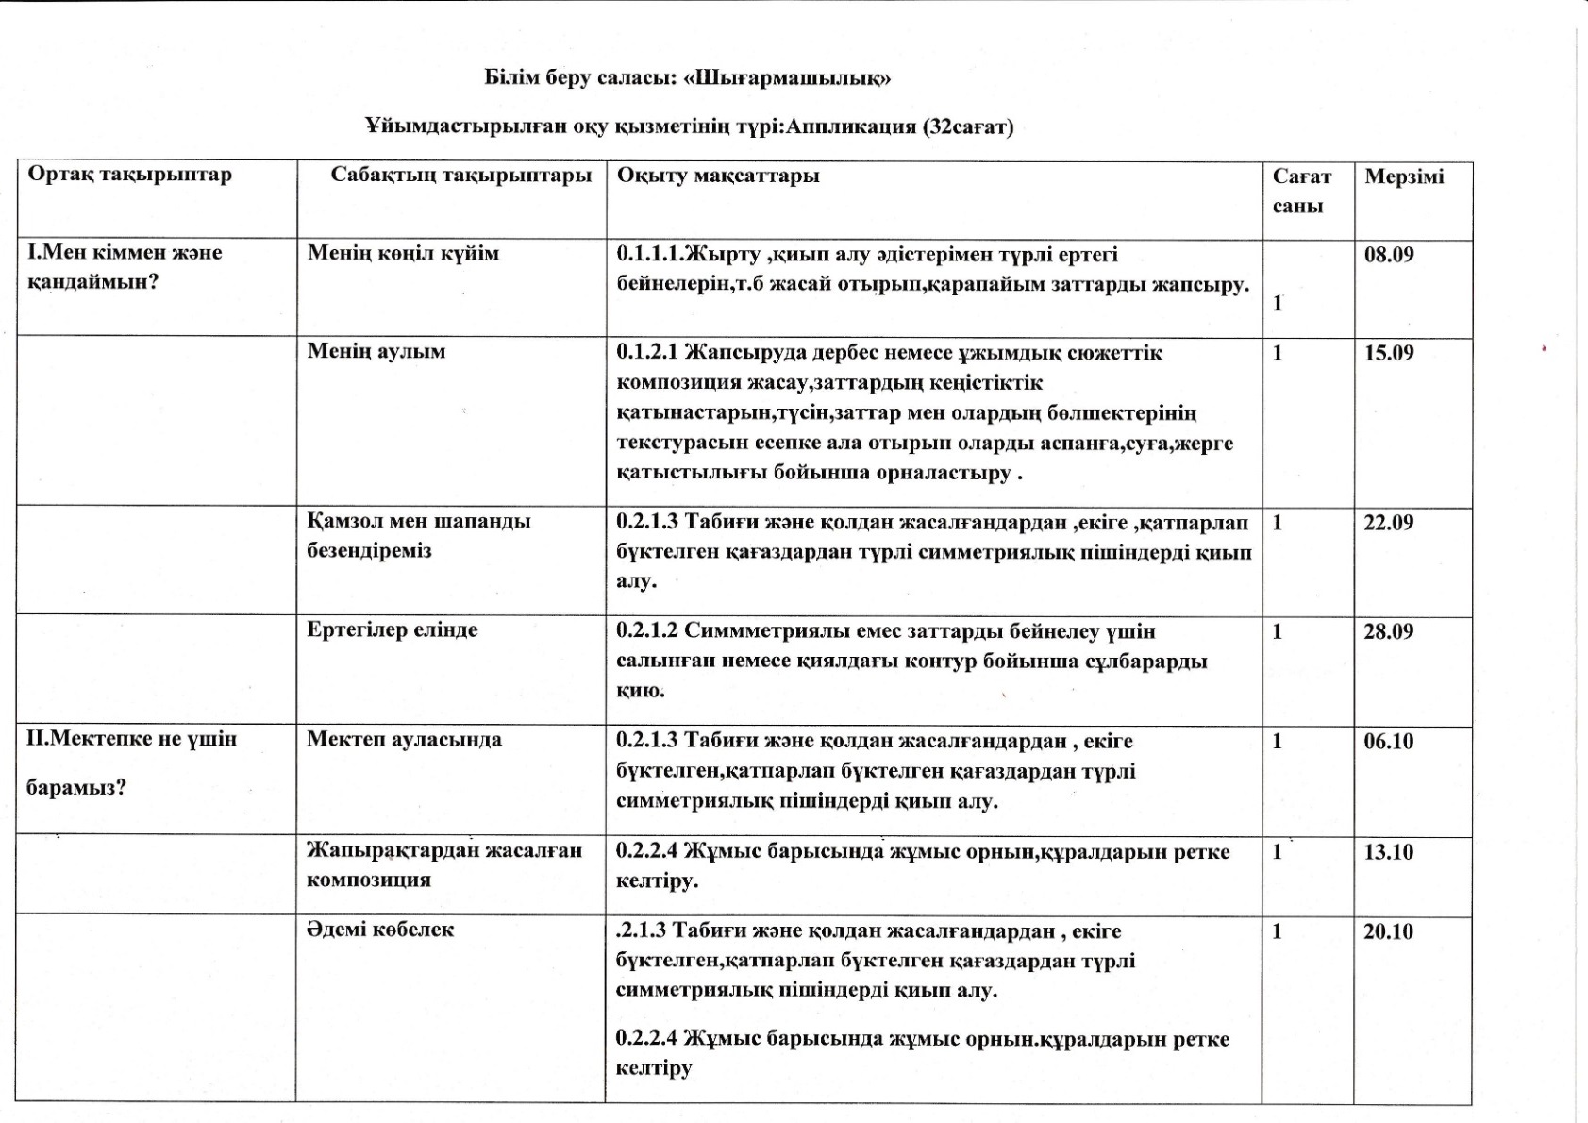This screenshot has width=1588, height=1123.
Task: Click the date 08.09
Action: tap(1389, 254)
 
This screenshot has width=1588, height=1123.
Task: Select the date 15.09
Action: tap(1389, 353)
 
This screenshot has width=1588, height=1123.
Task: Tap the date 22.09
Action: tap(1388, 522)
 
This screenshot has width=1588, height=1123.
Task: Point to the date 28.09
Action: tap(1388, 631)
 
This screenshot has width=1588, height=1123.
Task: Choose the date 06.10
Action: tap(1388, 741)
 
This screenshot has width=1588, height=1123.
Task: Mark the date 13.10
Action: tap(1388, 852)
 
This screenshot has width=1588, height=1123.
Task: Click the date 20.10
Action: tap(1388, 931)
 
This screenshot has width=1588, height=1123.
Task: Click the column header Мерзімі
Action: tap(1404, 176)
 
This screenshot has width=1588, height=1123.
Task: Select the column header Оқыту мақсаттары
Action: tap(718, 176)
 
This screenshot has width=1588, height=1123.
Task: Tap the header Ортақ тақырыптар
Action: tap(129, 175)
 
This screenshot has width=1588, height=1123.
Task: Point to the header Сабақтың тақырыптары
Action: tap(460, 175)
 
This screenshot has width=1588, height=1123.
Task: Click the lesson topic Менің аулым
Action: tap(376, 351)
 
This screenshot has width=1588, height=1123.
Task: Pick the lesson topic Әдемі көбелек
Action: tap(380, 930)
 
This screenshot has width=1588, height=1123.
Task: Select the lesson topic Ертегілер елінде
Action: tap(393, 629)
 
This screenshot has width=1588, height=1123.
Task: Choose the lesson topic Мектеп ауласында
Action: tap(404, 739)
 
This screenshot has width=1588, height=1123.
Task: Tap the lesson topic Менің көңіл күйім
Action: tap(404, 253)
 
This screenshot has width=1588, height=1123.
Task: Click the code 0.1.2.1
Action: tap(647, 353)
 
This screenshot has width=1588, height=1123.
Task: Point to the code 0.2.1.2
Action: tap(647, 631)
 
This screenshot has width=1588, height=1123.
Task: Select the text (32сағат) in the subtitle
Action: tap(967, 126)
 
